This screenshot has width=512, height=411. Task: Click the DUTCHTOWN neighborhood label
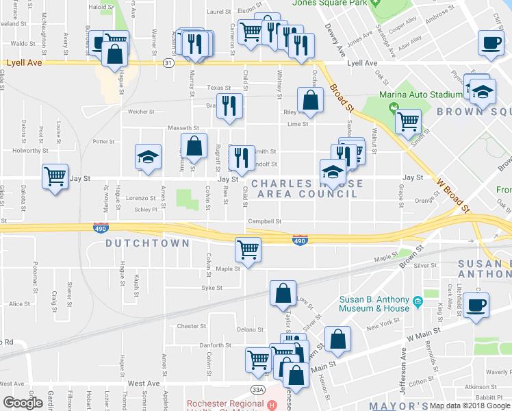coord(137,243)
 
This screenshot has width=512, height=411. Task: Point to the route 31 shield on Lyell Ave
coord(168,62)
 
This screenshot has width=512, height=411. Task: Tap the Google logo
coord(23,403)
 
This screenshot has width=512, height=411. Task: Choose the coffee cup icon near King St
coord(476,303)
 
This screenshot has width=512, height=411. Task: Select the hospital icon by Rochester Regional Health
coord(272,404)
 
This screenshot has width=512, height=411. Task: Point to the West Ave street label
coord(143,384)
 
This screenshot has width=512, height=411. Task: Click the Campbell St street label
coord(265,221)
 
